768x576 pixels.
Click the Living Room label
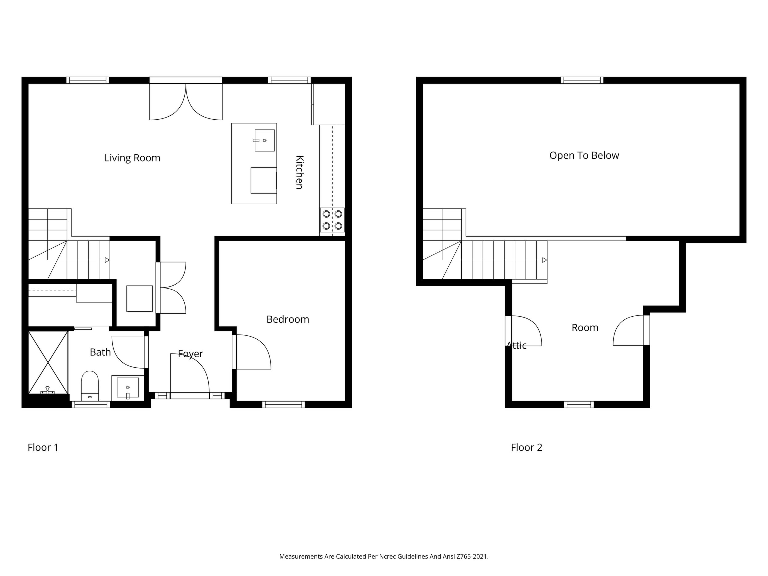132,158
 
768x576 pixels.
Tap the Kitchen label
299,172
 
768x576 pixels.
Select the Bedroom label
288,319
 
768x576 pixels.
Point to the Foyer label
190,354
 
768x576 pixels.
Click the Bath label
100,352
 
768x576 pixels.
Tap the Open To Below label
584,156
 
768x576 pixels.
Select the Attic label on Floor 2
517,346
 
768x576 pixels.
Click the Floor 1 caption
43,447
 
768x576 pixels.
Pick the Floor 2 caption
526,447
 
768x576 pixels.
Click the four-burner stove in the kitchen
332,220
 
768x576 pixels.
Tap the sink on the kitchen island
265,140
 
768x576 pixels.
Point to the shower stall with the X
48,362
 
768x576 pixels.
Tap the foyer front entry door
190,373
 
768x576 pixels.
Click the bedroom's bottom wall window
283,405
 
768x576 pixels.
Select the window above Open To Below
582,80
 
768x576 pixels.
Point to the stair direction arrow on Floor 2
545,260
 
